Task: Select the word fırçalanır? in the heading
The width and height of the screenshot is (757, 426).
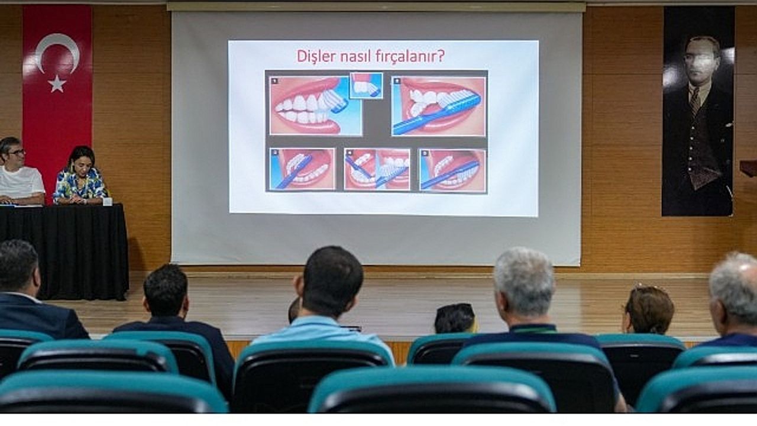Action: (x=410, y=56)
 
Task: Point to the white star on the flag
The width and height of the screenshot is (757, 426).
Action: (x=57, y=84)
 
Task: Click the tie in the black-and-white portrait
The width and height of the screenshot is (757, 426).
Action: (x=695, y=101)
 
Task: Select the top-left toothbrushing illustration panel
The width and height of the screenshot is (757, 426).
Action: (x=315, y=106)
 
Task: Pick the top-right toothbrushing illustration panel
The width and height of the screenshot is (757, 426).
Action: (x=439, y=106)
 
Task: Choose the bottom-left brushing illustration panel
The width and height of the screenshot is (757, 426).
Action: (x=302, y=169)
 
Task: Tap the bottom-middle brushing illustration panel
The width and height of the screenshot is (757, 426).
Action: (x=377, y=169)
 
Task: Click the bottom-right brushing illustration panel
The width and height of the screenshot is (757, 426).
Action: (x=453, y=170)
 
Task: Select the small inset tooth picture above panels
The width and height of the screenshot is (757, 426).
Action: (x=366, y=85)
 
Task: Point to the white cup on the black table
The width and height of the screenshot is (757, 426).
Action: (x=108, y=201)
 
